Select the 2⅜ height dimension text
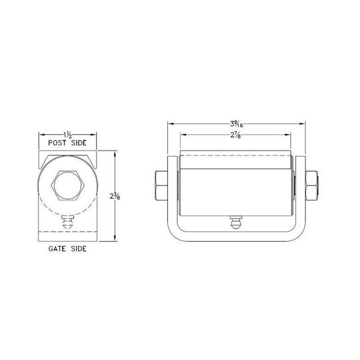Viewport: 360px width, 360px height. tap(114, 196)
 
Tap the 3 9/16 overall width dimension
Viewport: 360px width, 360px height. tap(236, 124)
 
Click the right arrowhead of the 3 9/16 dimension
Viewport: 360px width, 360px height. tap(304, 124)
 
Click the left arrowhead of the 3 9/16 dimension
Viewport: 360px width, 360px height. tap(169, 124)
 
